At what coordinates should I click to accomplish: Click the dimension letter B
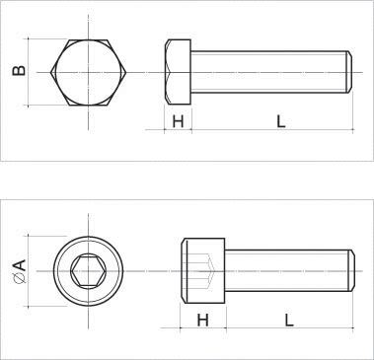tap(19, 71)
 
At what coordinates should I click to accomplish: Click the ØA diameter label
tap(20, 271)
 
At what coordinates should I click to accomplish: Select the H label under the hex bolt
tap(178, 121)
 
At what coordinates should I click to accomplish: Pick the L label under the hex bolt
tap(280, 121)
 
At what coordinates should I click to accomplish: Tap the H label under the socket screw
tap(202, 320)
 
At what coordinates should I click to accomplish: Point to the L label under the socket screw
tap(289, 320)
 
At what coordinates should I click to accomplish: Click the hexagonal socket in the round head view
tap(88, 271)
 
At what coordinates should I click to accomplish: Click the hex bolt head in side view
tap(178, 72)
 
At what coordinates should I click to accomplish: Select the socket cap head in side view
tap(203, 270)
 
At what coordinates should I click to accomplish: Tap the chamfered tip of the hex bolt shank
tap(350, 72)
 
